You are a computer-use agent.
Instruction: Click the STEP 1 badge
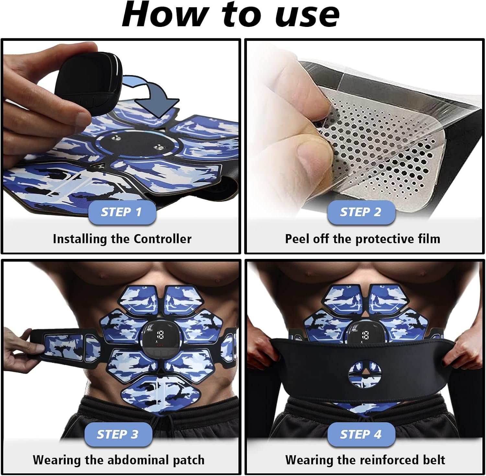[122, 212]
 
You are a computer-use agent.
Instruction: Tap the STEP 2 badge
[361, 212]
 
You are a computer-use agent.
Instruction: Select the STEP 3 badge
[118, 435]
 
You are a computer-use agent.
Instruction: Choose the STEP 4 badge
[361, 435]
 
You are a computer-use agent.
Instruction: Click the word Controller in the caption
[162, 239]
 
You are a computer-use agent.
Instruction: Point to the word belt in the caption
[433, 460]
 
